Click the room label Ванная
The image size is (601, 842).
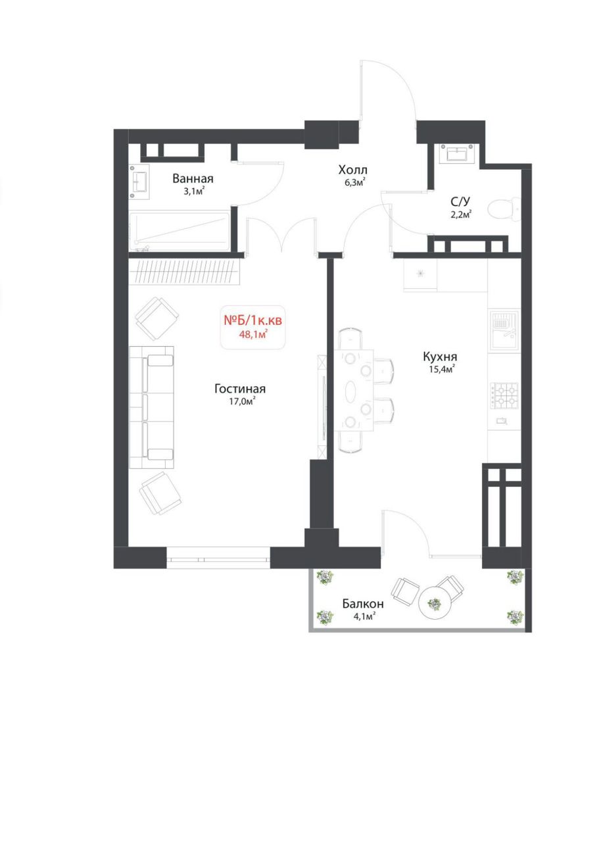click(193, 178)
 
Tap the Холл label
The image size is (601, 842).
click(352, 170)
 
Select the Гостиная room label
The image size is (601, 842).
click(239, 388)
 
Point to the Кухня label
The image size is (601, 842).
click(440, 356)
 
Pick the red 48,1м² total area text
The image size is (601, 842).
click(252, 334)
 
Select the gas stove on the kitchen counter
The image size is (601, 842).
click(504, 395)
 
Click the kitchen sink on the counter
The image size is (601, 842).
click(504, 329)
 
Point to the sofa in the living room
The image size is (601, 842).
click(152, 407)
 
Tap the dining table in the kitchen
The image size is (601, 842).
click(354, 390)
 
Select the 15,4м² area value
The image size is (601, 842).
click(442, 369)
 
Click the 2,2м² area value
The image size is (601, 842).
click(460, 214)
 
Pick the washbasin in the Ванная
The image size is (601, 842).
click(139, 182)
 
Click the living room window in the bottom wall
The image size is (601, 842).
click(218, 559)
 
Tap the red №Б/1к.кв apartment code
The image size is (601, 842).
click(252, 320)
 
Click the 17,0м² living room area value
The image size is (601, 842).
click(242, 401)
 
